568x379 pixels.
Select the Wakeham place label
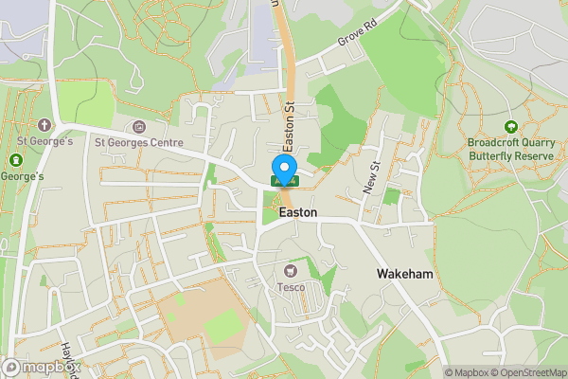point(404,274)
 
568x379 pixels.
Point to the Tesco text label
point(290,286)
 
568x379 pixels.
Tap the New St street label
point(371,178)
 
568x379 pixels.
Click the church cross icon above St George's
point(44,125)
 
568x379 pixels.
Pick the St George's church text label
point(44,142)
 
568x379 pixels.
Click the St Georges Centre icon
point(140,127)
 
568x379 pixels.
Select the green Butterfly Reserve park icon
point(511,127)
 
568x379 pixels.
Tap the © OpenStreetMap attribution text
point(529,372)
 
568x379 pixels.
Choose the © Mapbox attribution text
point(467,372)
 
